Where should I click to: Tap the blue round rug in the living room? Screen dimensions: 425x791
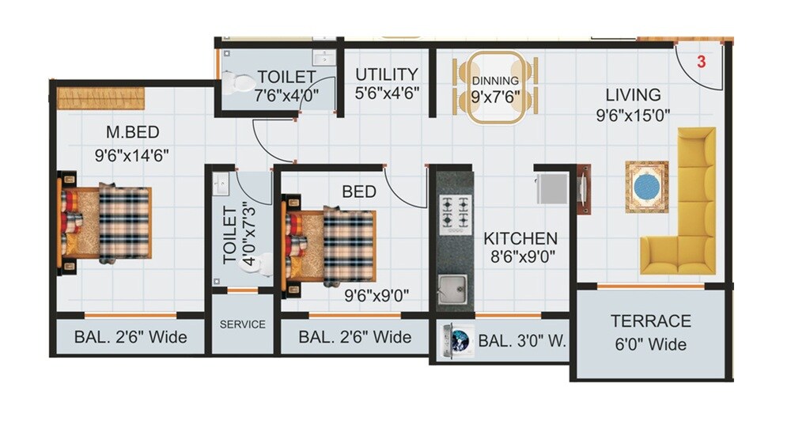(647, 188)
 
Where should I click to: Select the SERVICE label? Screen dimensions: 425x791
(242, 324)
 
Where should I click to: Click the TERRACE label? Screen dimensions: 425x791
(650, 321)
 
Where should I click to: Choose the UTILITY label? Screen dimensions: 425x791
(386, 74)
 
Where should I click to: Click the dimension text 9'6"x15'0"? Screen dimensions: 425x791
(634, 115)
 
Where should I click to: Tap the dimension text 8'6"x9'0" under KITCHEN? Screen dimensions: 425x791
(520, 256)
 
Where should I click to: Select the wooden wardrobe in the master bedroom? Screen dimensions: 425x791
(100, 99)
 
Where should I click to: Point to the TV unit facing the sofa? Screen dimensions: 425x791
(584, 189)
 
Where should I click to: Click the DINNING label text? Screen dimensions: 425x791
(495, 81)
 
